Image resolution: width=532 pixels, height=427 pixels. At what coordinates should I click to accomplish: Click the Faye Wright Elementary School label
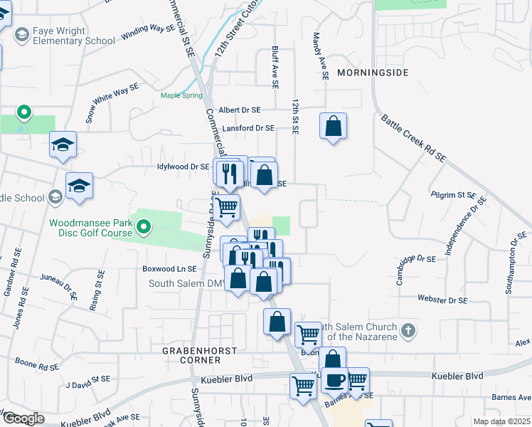[x=70, y=36]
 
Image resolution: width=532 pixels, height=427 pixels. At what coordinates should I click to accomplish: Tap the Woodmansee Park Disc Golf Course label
[x=90, y=228]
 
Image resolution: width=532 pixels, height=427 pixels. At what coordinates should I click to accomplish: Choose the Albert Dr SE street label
[x=240, y=110]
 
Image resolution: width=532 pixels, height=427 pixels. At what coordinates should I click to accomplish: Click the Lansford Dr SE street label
[x=248, y=128]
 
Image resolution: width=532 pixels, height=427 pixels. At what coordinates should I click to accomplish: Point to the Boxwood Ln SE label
[x=169, y=269]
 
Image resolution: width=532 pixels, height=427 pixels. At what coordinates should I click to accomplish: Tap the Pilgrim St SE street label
[x=453, y=194]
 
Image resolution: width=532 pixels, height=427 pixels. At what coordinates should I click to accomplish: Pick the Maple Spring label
[x=181, y=95]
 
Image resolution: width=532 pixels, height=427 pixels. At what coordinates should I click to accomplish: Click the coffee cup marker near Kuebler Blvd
[x=334, y=379]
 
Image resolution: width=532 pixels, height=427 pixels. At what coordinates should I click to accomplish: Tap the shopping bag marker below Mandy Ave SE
[x=333, y=126]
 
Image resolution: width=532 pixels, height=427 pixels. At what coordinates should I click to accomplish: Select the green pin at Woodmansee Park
[x=144, y=228]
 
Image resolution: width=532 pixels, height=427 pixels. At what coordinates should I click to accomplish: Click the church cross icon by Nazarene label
[x=408, y=330]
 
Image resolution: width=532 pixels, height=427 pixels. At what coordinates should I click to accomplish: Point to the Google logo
[x=23, y=418]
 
